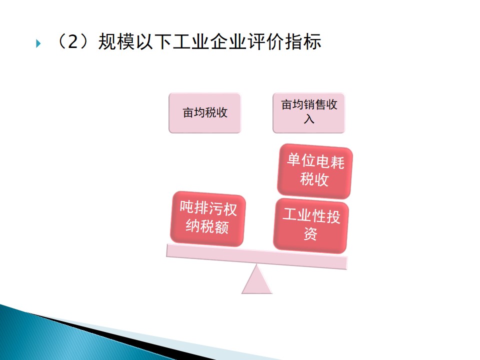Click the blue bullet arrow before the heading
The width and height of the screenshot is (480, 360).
point(38,43)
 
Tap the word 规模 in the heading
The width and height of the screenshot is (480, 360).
point(116,41)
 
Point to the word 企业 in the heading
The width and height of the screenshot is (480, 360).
point(228,41)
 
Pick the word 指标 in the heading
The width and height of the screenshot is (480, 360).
point(303,41)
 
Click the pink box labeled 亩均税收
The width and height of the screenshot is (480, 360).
point(205,113)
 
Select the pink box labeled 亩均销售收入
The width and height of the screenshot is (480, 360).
point(309,113)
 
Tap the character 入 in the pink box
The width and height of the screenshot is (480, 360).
point(309,119)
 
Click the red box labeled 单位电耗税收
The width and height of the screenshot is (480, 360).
point(315,171)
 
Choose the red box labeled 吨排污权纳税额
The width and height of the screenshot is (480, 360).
point(208,218)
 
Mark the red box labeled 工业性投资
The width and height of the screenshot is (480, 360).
point(311,226)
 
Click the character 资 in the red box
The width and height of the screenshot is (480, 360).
point(310,234)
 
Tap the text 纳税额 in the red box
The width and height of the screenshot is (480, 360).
point(207,227)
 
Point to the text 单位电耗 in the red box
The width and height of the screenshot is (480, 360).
point(315,161)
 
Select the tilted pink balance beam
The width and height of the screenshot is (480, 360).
point(257,256)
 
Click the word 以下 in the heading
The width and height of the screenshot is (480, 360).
point(153,41)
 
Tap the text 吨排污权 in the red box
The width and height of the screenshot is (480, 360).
point(208,208)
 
